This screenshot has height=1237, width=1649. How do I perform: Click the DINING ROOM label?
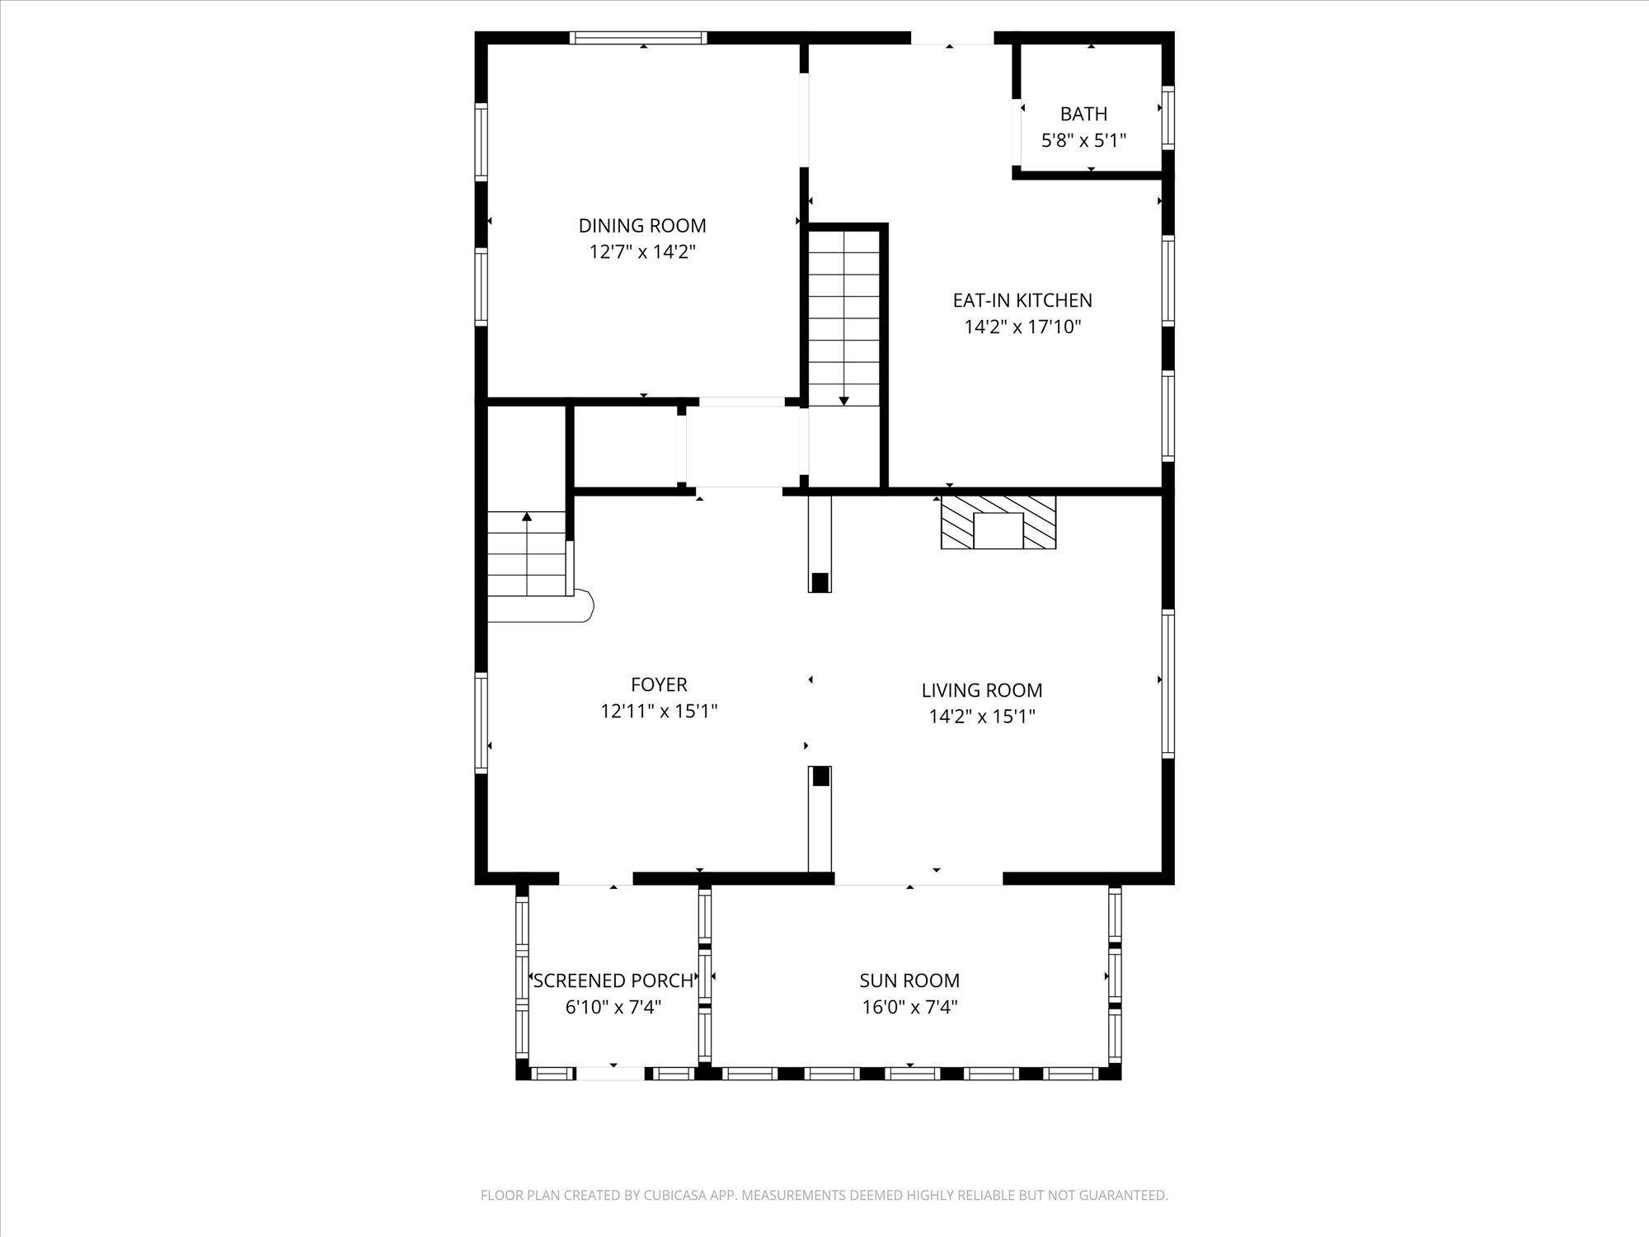pos(642,225)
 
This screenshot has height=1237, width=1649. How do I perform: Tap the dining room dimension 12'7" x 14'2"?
pos(642,252)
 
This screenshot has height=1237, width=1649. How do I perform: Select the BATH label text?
pos(1083,114)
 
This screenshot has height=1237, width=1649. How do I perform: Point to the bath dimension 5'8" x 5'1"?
pos(1083,140)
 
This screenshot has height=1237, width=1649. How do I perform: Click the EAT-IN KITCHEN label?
pos(1022,300)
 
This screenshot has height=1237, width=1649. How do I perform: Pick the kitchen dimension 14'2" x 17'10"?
pos(1022,327)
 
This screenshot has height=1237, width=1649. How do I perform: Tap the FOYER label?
pos(659,684)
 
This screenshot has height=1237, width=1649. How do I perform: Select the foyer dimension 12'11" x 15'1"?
pos(659,711)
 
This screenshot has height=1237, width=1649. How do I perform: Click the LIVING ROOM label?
pos(982,690)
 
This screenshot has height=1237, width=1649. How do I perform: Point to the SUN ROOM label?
pos(909,981)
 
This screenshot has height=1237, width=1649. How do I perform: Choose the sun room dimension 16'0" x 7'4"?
pos(909,1007)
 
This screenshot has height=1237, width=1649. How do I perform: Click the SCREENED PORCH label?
pos(613,981)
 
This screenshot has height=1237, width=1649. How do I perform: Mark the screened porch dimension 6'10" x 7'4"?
pos(613,1007)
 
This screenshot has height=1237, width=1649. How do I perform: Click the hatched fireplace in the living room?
pos(998,522)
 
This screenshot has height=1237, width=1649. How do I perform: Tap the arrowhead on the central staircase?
pos(843,401)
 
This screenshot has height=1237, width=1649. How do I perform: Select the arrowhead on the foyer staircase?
pos(527,517)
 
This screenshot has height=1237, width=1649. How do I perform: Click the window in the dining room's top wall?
pos(640,37)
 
